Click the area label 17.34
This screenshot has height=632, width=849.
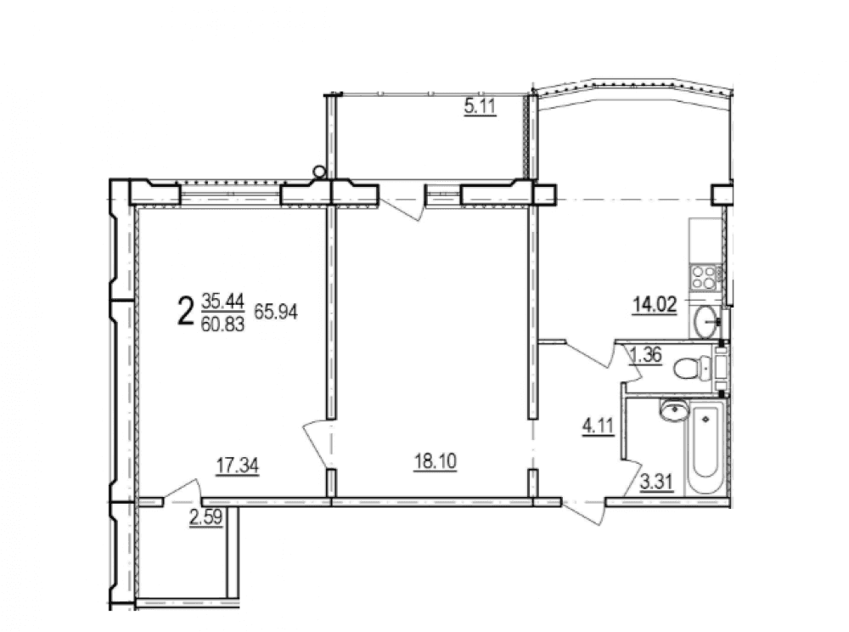click(237, 466)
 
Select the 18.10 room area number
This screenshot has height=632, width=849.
click(435, 461)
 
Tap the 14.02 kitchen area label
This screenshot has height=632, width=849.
click(655, 306)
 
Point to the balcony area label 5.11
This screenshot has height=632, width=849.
click(480, 106)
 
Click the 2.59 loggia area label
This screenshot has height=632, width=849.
click(205, 517)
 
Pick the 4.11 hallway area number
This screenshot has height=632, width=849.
click(598, 426)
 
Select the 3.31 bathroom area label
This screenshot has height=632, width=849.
click(657, 482)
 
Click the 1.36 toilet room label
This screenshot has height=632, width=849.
click(646, 355)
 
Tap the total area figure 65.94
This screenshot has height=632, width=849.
click(276, 312)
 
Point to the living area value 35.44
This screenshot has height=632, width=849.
click(223, 300)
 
